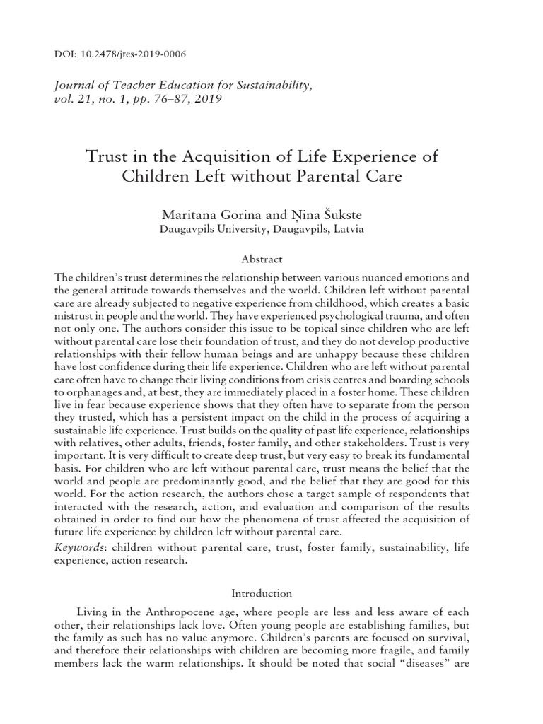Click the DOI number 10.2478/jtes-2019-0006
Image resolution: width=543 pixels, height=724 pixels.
[x=129, y=54]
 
